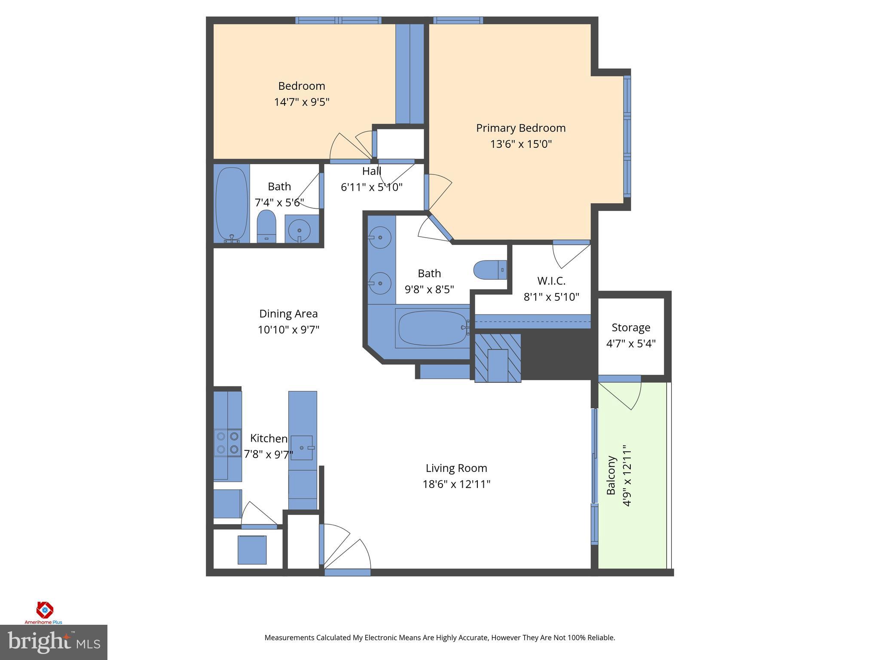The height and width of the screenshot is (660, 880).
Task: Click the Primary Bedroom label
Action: (x=521, y=128)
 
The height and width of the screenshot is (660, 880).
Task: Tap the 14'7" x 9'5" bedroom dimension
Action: (x=302, y=102)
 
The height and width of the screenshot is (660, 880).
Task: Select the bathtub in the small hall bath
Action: (x=232, y=205)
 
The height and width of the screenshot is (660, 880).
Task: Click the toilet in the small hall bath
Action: (x=266, y=226)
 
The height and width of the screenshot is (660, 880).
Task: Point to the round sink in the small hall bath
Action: (x=299, y=230)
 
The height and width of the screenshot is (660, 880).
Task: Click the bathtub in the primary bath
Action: (x=432, y=328)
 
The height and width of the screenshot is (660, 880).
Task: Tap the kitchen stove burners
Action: (x=227, y=443)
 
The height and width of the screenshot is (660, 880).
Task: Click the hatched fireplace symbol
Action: (x=498, y=358)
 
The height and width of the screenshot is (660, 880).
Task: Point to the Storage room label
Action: (x=631, y=328)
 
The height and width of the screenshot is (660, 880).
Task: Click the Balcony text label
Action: (x=611, y=475)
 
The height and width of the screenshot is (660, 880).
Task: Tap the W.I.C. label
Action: (x=551, y=281)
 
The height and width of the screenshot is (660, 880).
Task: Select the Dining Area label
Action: (x=288, y=314)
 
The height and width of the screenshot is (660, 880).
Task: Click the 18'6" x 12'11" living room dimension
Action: (x=456, y=484)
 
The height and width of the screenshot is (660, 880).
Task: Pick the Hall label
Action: (x=372, y=171)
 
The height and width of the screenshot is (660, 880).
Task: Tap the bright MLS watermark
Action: (x=53, y=642)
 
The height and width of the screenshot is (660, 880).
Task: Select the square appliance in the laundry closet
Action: (x=252, y=550)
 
